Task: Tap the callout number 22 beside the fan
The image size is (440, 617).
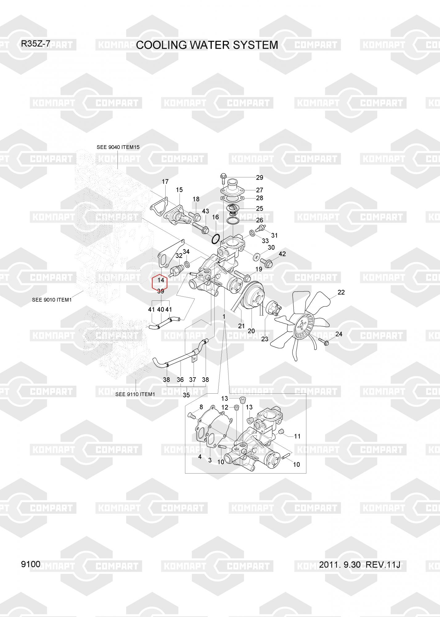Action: coord(341,292)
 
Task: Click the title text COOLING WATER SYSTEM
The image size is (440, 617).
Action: coord(207,45)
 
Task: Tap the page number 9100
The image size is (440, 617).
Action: coord(31,564)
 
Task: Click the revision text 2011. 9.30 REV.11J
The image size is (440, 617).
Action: coord(360,565)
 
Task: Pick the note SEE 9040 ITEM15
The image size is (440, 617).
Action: coord(118,147)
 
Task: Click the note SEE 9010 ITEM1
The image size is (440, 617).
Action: coord(52,300)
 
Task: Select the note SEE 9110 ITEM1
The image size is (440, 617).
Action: coord(135,394)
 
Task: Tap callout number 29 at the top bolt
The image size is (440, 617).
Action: coord(260,177)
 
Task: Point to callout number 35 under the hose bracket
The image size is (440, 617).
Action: coord(186,395)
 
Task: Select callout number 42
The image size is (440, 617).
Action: coord(282,254)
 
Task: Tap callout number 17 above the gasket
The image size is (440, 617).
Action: coord(165,182)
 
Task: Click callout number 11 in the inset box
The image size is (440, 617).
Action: coord(297,436)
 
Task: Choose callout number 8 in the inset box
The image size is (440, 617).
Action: coord(201,407)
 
